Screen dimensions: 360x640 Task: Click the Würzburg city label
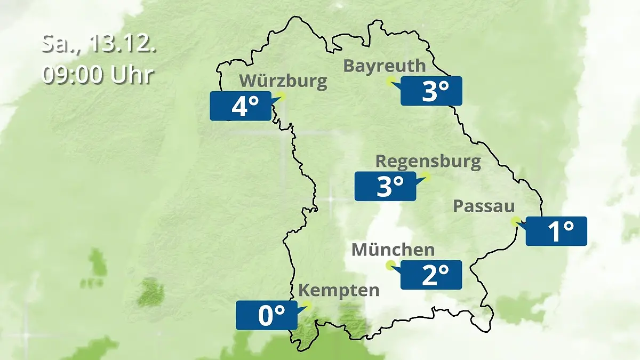coord(283,82)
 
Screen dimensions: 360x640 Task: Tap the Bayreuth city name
coord(384,66)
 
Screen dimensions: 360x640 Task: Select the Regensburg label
coord(428,161)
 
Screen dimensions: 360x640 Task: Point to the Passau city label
coord(484,207)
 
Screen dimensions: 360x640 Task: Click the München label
coord(393,250)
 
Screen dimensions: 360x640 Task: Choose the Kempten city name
coord(339,291)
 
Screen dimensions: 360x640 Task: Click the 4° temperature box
coord(240,106)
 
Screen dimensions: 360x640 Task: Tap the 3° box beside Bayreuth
coord(431,91)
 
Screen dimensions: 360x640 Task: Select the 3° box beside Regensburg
coord(385,187)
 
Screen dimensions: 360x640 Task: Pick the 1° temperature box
coord(556,231)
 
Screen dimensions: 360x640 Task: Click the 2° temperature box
coord(431,275)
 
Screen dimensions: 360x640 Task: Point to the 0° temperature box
coord(267,315)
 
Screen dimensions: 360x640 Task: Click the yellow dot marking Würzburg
coord(281,97)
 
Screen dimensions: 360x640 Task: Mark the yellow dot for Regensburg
coord(426,176)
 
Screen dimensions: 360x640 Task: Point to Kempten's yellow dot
coord(307,305)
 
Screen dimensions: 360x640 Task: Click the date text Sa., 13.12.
coord(99,44)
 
